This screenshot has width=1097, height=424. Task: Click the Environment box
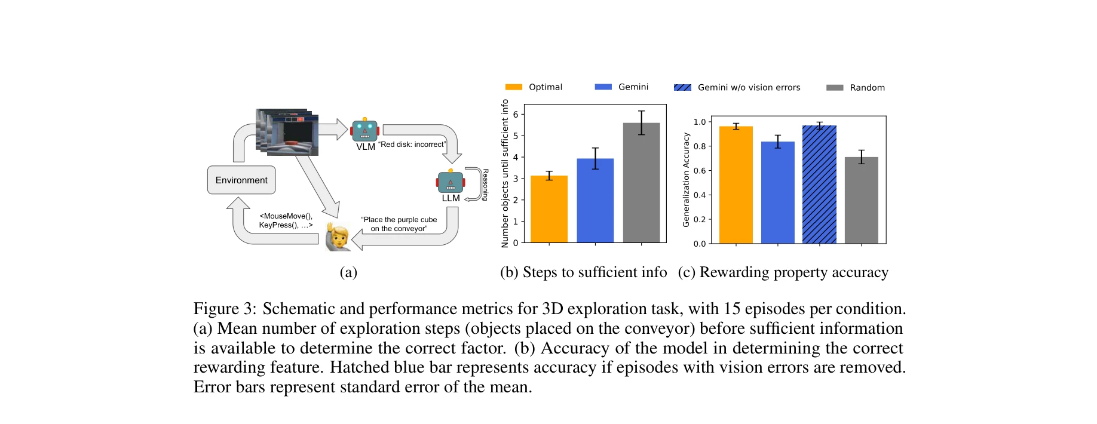click(x=241, y=180)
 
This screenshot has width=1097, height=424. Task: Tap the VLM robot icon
click(x=364, y=130)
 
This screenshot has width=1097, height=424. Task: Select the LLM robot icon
click(x=451, y=182)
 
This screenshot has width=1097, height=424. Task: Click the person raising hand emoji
click(x=338, y=238)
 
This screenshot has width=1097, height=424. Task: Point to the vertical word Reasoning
click(x=485, y=185)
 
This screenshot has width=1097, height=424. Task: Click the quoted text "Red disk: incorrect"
click(x=412, y=145)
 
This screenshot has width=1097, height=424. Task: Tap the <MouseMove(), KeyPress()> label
click(x=286, y=220)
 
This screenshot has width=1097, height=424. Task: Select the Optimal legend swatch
click(x=513, y=87)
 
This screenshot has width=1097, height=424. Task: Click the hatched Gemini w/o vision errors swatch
click(x=682, y=87)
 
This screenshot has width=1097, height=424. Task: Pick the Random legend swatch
click(x=835, y=88)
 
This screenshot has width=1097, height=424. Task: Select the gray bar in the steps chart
click(x=641, y=183)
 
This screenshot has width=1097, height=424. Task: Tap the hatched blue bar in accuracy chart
click(x=819, y=185)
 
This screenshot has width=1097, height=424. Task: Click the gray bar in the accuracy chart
click(x=861, y=200)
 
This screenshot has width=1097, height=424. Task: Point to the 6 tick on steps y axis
click(x=516, y=115)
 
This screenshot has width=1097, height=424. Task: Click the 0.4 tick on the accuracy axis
click(x=699, y=195)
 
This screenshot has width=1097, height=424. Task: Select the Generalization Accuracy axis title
click(x=686, y=180)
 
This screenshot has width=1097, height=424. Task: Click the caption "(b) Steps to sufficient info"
click(x=583, y=272)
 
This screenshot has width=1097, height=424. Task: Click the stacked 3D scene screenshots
click(x=287, y=132)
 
